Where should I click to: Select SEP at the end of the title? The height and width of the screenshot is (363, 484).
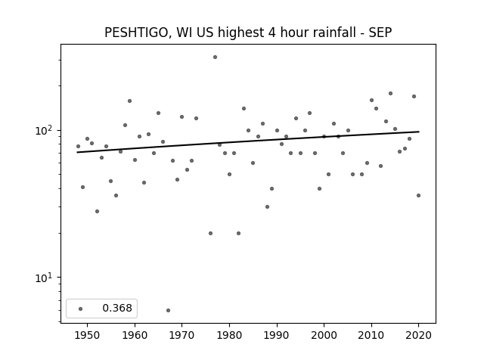[380, 33]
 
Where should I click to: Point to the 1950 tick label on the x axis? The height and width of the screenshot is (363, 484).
[88, 335]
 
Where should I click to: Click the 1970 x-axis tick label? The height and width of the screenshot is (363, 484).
[181, 335]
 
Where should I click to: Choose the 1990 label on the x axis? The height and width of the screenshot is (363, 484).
[277, 335]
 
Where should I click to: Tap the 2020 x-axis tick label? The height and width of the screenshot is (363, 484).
[418, 335]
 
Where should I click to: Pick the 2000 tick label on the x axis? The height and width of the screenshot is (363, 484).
[324, 335]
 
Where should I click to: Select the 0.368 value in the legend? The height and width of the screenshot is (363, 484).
[117, 308]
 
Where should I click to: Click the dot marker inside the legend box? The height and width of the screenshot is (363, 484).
[81, 309]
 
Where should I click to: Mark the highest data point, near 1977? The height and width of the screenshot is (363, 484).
[215, 57]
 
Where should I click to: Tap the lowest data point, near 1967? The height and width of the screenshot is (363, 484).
[168, 310]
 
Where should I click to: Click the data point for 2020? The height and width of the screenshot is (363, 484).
[418, 195]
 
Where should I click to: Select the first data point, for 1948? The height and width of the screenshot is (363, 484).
[78, 146]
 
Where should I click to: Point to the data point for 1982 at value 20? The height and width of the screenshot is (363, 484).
[239, 234]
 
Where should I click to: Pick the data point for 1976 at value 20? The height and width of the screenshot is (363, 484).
[210, 234]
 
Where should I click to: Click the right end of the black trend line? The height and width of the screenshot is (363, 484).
[419, 132]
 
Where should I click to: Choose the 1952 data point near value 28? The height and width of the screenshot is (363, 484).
[98, 212]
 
